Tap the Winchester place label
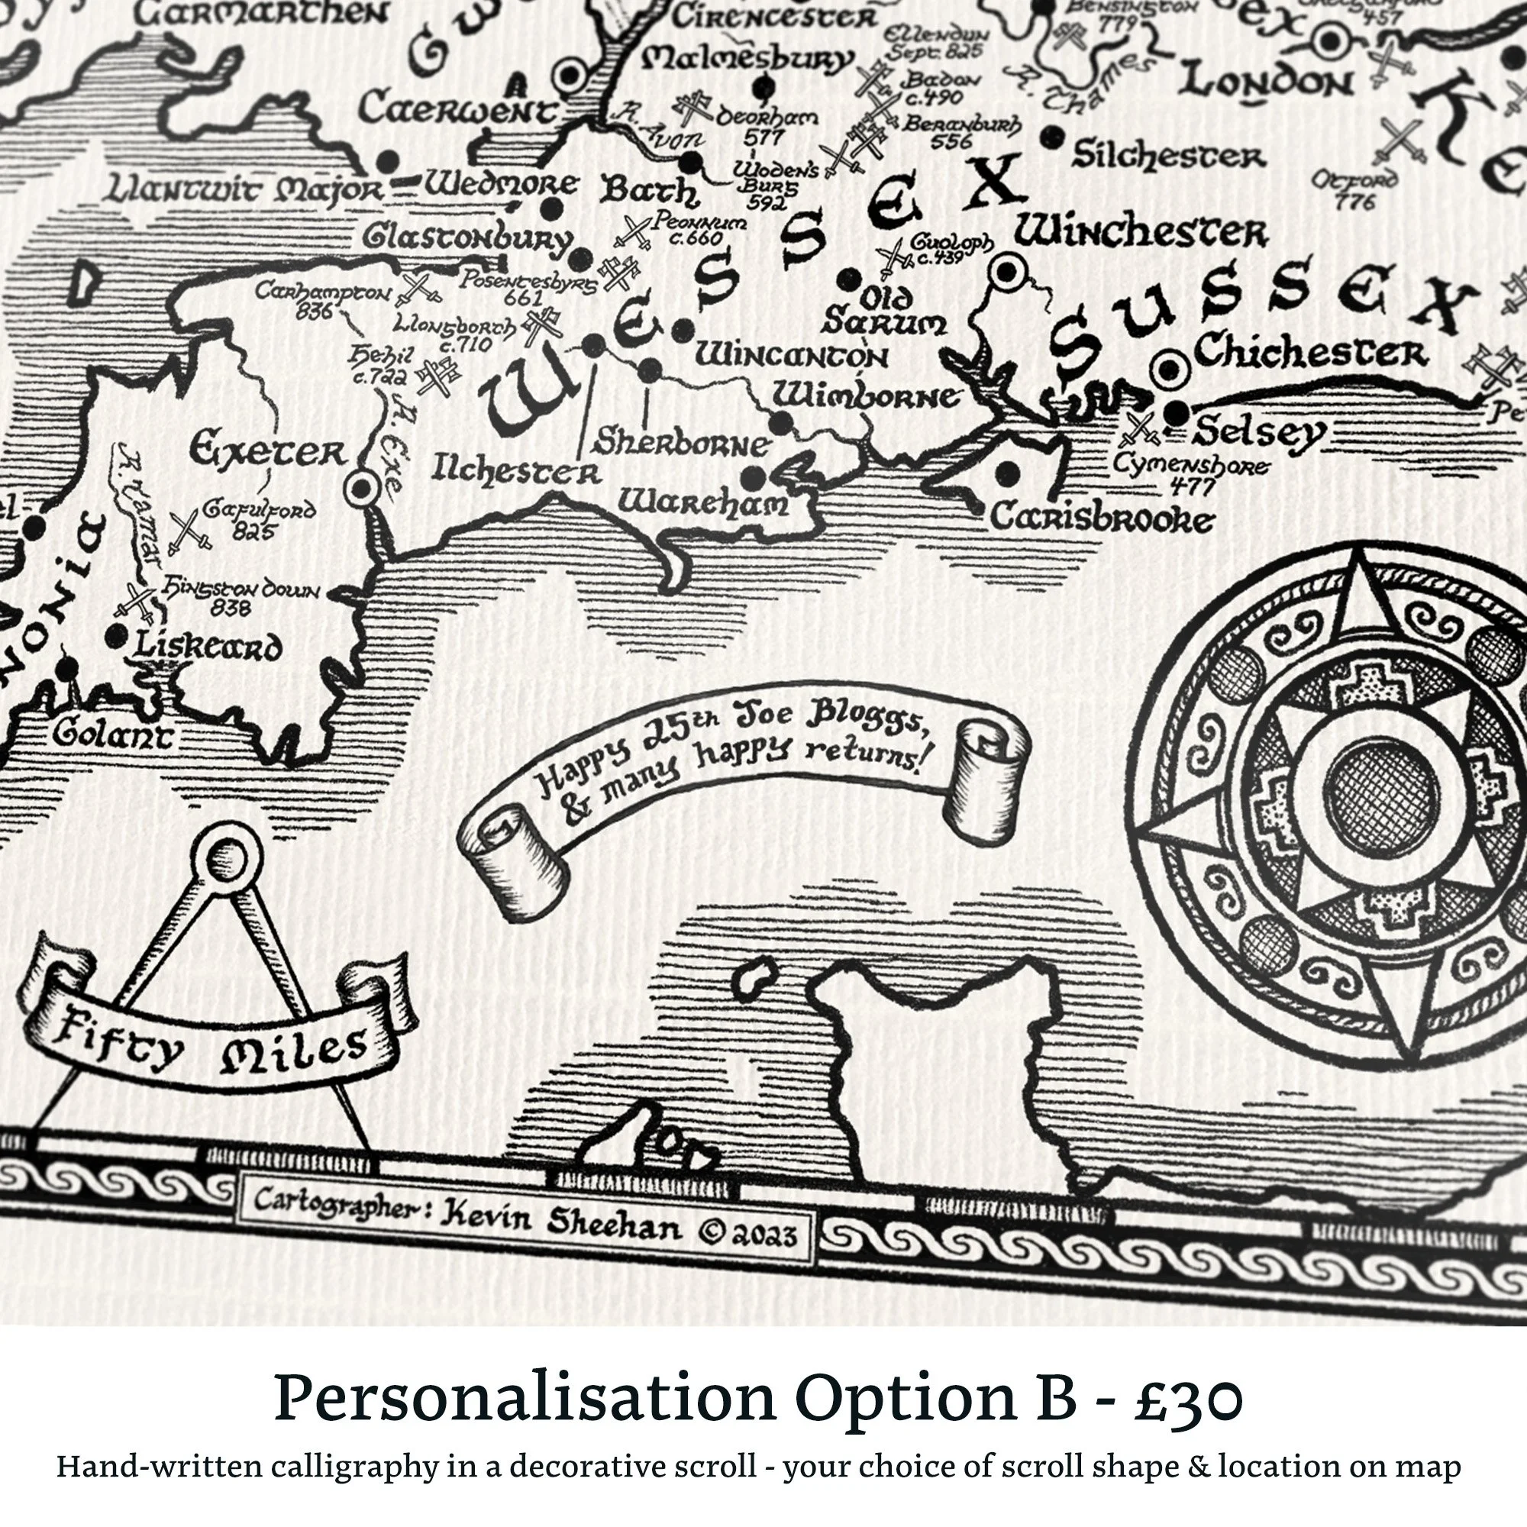pyautogui.click(x=1141, y=233)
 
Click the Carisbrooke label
pyautogui.click(x=1101, y=519)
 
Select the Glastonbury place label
pyautogui.click(x=467, y=239)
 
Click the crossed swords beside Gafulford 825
pyautogui.click(x=189, y=530)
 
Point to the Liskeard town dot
pyautogui.click(x=118, y=634)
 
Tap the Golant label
pyautogui.click(x=111, y=734)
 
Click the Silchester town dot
pyautogui.click(x=1051, y=137)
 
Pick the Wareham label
pyautogui.click(x=702, y=502)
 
